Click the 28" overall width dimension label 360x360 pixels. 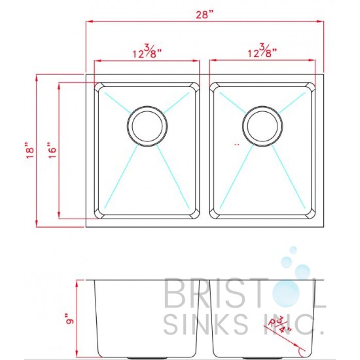tap(205, 14)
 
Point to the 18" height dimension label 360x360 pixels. tap(30, 150)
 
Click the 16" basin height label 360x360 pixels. tap(52, 150)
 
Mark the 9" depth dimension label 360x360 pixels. tap(69, 319)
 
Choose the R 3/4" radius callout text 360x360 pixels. tap(280, 325)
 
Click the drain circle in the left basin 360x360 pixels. tap(147, 126)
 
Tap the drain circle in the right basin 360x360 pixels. tap(262, 126)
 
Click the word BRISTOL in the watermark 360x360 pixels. tap(245, 293)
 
